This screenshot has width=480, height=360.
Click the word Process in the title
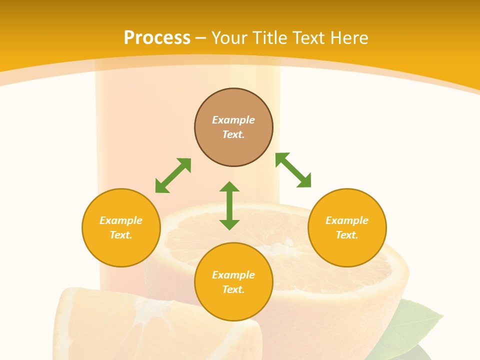[157, 38]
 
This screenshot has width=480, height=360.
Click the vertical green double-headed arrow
[229, 205]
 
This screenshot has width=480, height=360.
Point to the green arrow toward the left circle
[173, 175]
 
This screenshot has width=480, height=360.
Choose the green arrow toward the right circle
[293, 170]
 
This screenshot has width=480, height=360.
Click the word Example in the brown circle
[233, 120]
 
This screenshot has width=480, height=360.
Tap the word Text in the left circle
[121, 235]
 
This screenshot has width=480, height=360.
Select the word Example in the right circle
[347, 220]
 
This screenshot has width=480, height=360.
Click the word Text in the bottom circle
[233, 289]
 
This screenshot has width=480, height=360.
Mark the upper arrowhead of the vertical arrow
[229, 187]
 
